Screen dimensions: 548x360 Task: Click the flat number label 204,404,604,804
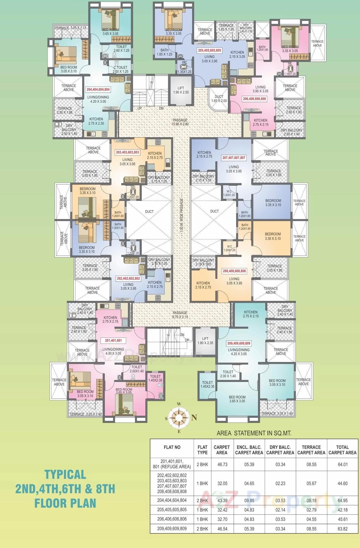[98, 89]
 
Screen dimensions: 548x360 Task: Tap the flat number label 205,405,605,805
[209, 50]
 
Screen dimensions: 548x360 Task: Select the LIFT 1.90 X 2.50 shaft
[181, 90]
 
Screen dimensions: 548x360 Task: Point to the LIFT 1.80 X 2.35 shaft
[205, 341]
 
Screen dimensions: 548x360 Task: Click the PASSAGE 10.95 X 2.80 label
[180, 122]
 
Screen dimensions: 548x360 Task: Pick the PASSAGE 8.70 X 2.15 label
[180, 315]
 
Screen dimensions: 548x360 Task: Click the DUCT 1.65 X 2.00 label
[219, 99]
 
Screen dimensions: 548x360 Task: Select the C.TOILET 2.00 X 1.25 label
[121, 69]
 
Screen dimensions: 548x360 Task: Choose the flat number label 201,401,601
[113, 340]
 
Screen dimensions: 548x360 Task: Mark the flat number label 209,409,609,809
[239, 343]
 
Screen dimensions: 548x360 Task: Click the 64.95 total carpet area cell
[342, 500]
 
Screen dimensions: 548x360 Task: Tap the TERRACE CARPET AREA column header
[311, 450]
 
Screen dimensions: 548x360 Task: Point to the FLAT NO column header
[172, 447]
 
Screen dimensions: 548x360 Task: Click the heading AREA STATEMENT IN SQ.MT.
[254, 433]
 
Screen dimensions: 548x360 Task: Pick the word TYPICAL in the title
[65, 474]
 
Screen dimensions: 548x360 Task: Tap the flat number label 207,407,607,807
[234, 158]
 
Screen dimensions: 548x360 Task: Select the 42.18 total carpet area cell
[342, 510]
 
